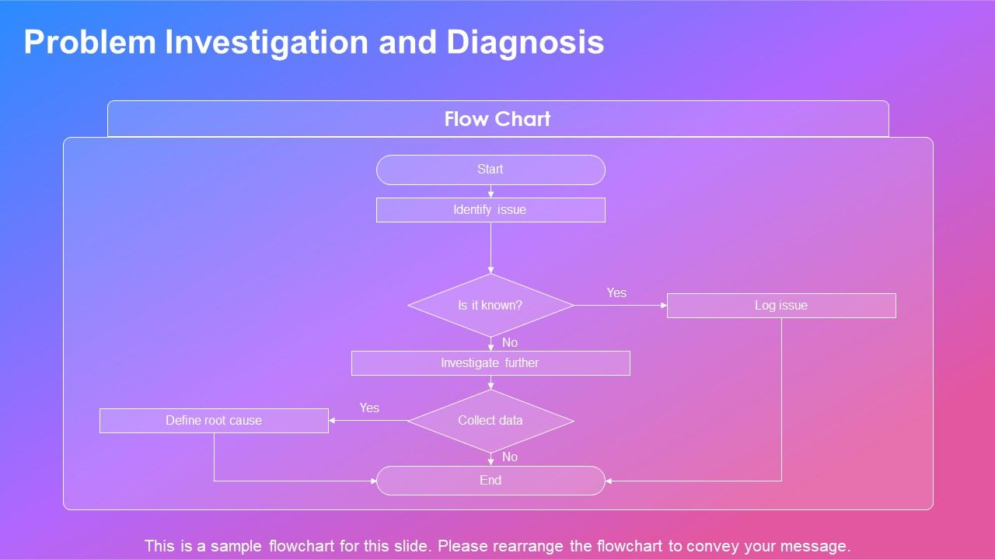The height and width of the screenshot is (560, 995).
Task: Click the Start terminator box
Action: (491, 170)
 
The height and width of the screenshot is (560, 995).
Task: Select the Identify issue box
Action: (491, 210)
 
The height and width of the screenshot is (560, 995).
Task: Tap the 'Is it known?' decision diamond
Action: (491, 306)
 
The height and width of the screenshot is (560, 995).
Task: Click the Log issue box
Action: (781, 306)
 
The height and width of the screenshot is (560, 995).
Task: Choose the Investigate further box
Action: (491, 363)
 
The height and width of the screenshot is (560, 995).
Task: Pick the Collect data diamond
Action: (491, 421)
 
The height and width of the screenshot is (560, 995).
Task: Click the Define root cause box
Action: (214, 421)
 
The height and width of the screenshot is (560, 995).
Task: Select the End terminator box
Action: (491, 481)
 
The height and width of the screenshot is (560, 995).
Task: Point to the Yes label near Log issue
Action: (616, 293)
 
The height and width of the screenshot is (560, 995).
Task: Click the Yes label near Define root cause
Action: (369, 408)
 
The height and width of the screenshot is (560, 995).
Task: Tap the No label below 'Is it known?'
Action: (510, 343)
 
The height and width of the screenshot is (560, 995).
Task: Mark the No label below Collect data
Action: (510, 457)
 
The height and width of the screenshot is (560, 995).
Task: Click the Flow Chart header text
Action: (497, 119)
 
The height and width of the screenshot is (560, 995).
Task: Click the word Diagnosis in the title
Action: (525, 43)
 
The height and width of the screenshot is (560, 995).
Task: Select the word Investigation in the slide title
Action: (267, 43)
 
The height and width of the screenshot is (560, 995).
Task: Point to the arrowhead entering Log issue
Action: (664, 306)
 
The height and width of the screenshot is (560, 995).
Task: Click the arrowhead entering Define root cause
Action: (333, 421)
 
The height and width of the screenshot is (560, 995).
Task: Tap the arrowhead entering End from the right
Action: (609, 481)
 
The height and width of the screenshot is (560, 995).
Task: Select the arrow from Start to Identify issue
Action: (491, 191)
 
